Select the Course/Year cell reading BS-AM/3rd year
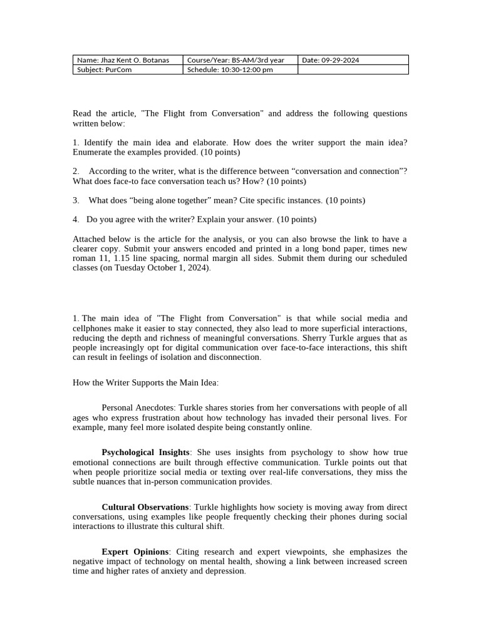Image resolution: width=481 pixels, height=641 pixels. coord(239,60)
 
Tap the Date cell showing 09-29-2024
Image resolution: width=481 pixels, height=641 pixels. coord(353,60)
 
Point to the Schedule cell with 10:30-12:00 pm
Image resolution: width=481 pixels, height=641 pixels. coord(239,70)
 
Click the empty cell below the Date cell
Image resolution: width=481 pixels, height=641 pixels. coord(353,70)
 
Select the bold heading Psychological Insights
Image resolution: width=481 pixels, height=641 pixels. coord(145,452)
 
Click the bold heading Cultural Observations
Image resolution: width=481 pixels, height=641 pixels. coord(145,506)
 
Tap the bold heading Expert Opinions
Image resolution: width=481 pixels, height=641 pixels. coord(135,551)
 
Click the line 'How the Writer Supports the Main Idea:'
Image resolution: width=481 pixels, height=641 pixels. coord(145,382)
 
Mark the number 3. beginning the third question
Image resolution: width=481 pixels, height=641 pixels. coord(76,200)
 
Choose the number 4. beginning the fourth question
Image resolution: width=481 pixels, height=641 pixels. coord(76,219)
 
